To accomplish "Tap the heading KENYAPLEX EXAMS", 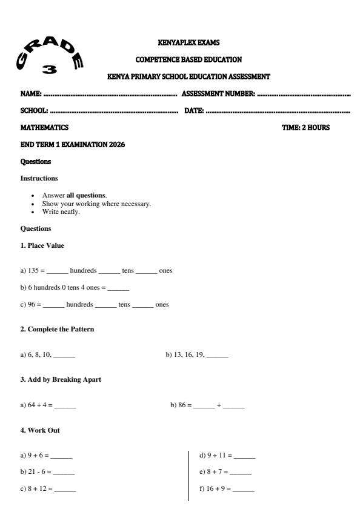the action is click(188, 42).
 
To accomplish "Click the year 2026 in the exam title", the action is click(115, 145).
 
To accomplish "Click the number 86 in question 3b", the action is click(181, 405).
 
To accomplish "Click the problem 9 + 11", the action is click(215, 454).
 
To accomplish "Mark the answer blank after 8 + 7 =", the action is click(241, 472).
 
